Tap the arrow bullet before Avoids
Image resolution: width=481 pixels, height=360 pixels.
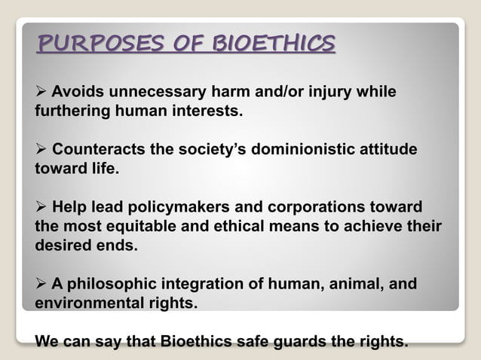(x=41, y=93)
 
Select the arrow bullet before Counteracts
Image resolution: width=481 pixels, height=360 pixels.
(x=41, y=150)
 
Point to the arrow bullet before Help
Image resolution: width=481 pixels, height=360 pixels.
(x=41, y=207)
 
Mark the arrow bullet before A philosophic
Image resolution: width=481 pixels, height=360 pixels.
(x=41, y=285)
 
